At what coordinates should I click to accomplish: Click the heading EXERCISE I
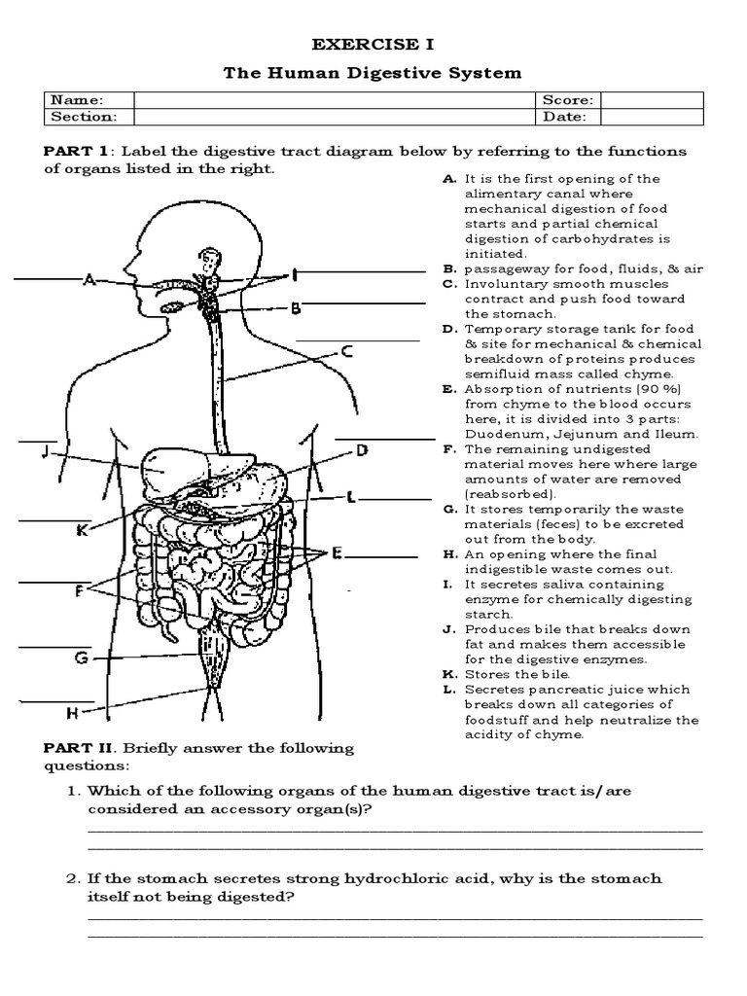[x=373, y=45]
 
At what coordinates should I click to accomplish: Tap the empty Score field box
[x=652, y=100]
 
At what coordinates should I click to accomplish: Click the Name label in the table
[x=77, y=100]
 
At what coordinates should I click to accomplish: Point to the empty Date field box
[x=652, y=117]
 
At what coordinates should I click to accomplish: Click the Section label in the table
[x=84, y=117]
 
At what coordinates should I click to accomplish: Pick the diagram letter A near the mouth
[x=89, y=280]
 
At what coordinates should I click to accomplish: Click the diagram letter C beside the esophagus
[x=345, y=351]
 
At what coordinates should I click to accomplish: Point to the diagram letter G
[x=82, y=658]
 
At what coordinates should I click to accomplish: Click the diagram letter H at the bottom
[x=72, y=713]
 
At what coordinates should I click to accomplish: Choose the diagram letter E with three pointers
[x=337, y=553]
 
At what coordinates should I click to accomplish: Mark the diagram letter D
[x=361, y=450]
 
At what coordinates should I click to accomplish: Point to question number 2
[x=72, y=878]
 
